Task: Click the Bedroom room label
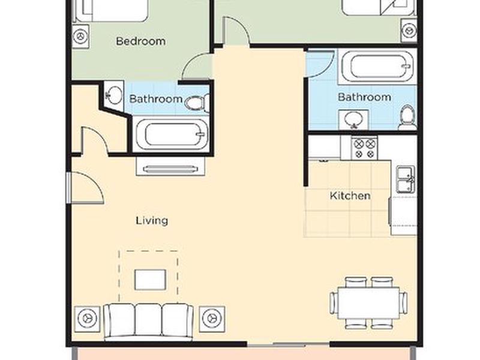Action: pyautogui.click(x=141, y=41)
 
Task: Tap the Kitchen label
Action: pyautogui.click(x=350, y=196)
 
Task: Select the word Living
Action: pyautogui.click(x=152, y=220)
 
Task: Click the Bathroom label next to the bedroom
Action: pyautogui.click(x=156, y=99)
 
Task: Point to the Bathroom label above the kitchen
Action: pyautogui.click(x=364, y=97)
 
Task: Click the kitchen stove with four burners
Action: pyautogui.click(x=364, y=148)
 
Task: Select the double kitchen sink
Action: pyautogui.click(x=406, y=179)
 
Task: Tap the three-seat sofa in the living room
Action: pyautogui.click(x=149, y=322)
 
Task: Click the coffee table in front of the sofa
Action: pyautogui.click(x=151, y=280)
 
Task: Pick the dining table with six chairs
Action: pyautogui.click(x=369, y=303)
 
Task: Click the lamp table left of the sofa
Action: pyautogui.click(x=88, y=319)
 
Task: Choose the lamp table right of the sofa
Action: pyautogui.click(x=212, y=319)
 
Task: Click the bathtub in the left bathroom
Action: pyautogui.click(x=172, y=134)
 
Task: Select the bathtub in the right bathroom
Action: pyautogui.click(x=377, y=67)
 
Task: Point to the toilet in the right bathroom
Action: pyautogui.click(x=407, y=117)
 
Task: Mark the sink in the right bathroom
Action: pyautogui.click(x=353, y=119)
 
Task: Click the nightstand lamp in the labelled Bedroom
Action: pyautogui.click(x=81, y=37)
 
